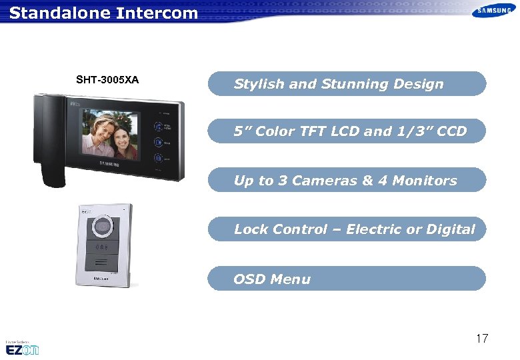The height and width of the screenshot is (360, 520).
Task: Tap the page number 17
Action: pos(481,339)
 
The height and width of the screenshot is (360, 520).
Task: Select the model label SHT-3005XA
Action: pos(107,80)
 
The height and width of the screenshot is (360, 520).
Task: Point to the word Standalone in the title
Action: pos(53,13)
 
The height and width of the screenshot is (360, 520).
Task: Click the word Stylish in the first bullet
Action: pos(259,84)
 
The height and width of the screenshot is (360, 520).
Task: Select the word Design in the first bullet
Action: pos(418,84)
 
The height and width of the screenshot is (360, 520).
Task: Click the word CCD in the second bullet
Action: pos(452,131)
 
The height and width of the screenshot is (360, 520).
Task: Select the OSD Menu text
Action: pos(272,279)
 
